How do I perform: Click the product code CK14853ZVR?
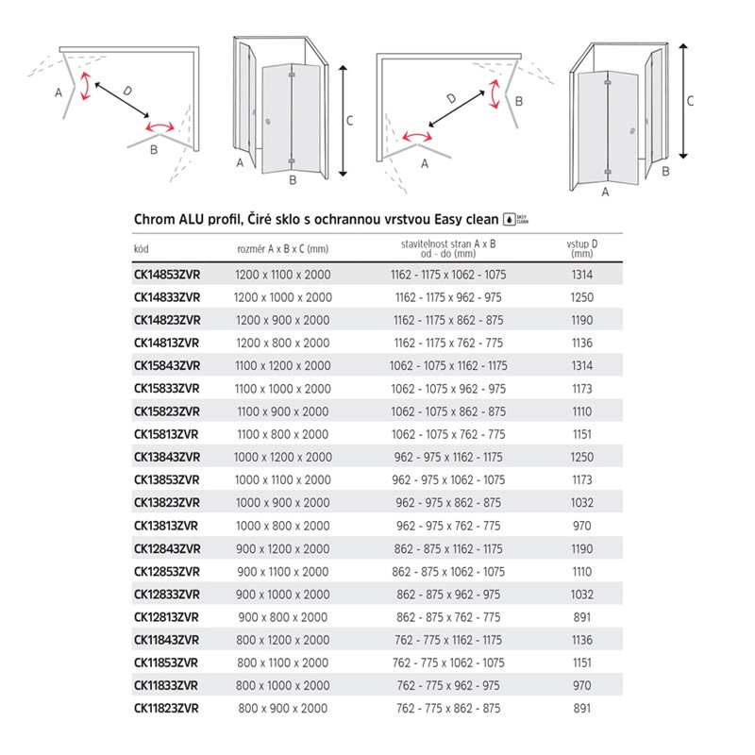(166, 274)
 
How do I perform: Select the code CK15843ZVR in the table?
(166, 365)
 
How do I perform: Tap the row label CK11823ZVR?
(166, 708)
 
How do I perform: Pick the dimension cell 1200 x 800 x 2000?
(282, 343)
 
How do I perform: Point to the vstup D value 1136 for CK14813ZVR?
(581, 343)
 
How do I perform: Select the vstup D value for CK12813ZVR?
(581, 616)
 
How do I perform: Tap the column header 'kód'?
(143, 249)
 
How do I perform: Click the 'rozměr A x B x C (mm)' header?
(282, 249)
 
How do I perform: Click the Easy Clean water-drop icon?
(510, 218)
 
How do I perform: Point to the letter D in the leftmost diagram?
(127, 89)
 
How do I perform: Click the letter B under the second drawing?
(292, 179)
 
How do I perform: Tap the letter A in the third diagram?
(424, 162)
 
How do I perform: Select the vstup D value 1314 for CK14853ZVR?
(581, 274)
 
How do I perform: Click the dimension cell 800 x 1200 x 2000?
(282, 639)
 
